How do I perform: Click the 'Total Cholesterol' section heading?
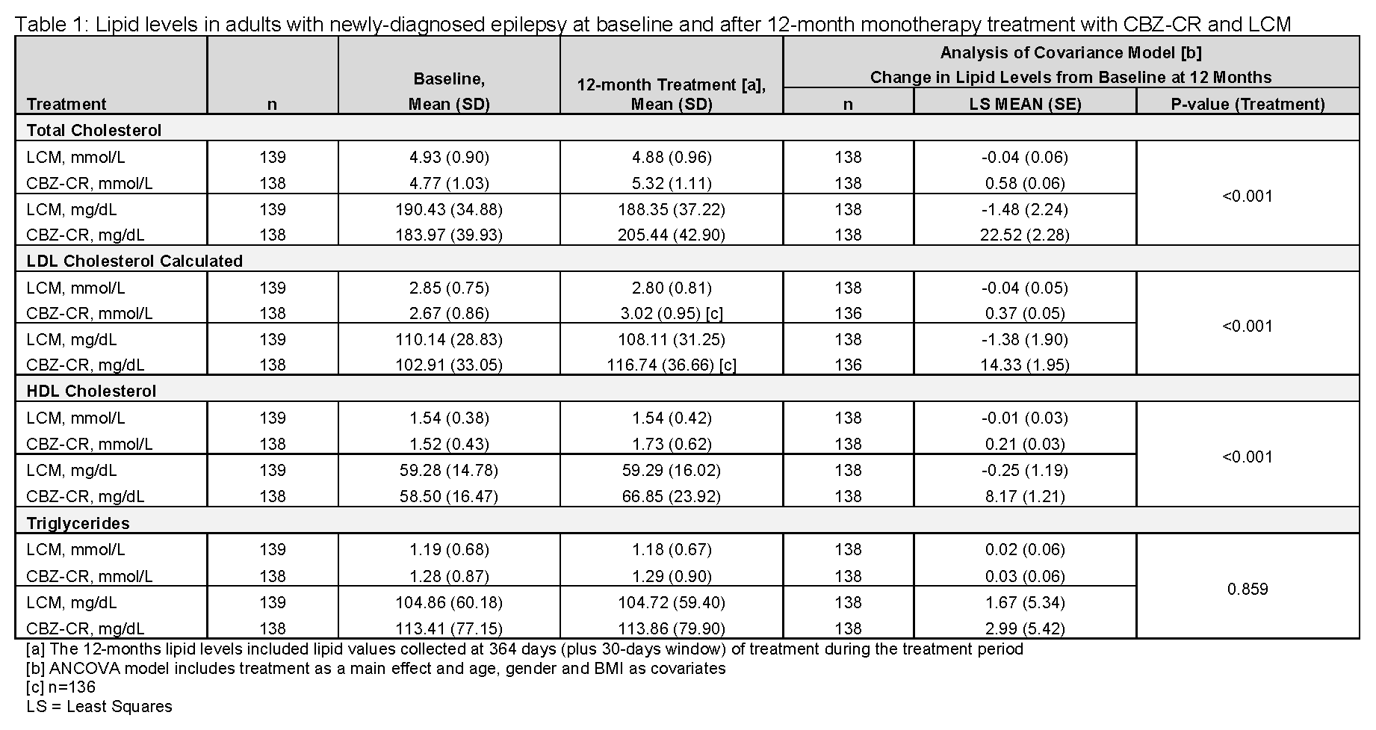(94, 131)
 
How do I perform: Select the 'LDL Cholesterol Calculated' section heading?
(134, 262)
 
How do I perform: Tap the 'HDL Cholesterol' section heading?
(91, 392)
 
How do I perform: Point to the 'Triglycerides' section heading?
(78, 523)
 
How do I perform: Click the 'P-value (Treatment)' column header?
(1248, 105)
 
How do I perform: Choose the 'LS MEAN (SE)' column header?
(1024, 105)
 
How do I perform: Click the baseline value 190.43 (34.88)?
(448, 209)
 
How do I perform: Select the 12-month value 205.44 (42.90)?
(671, 235)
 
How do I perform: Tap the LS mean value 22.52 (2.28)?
(1024, 235)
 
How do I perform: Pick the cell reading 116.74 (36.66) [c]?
(671, 365)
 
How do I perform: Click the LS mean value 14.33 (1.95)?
(1024, 365)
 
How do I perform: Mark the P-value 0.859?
(1248, 590)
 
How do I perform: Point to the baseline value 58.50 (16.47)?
(448, 497)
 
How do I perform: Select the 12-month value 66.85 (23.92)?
(671, 497)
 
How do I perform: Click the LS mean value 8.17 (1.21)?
(1024, 497)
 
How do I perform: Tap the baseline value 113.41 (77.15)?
(448, 629)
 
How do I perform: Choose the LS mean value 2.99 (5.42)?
(1024, 629)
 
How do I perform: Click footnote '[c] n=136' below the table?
(61, 687)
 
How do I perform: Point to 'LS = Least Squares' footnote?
(99, 707)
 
